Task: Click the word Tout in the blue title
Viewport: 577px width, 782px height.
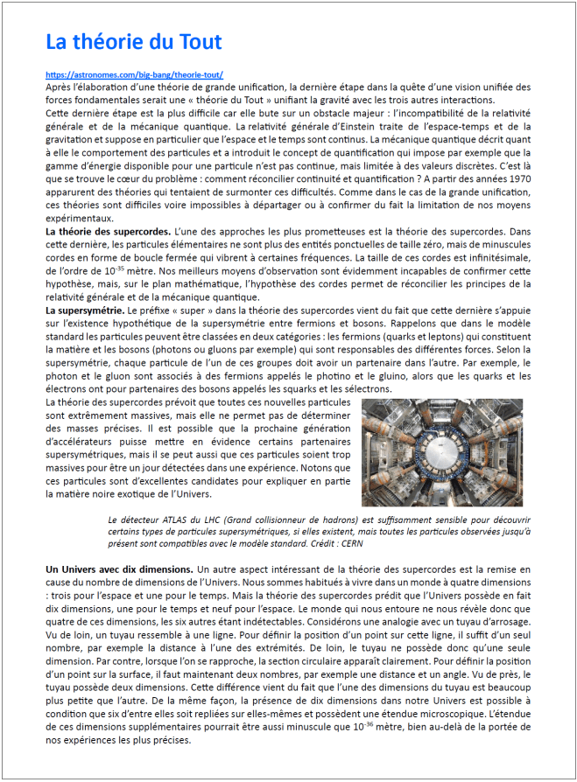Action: tap(199, 41)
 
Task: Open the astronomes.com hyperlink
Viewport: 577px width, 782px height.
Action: tap(134, 75)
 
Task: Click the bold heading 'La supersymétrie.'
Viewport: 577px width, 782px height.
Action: tap(85, 310)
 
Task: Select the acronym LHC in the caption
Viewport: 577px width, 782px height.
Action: tap(204, 518)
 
